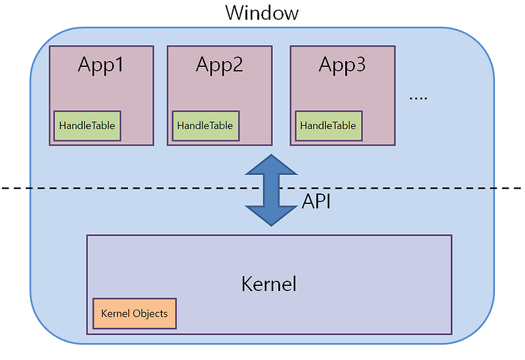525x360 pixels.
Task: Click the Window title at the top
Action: (x=262, y=12)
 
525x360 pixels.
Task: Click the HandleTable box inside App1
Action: (x=87, y=125)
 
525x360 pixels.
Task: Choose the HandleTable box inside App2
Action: (x=205, y=125)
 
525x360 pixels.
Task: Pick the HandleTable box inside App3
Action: (x=328, y=125)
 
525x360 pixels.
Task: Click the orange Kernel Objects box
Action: (x=135, y=313)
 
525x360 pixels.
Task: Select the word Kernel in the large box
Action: (x=269, y=284)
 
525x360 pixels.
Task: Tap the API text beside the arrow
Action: (x=316, y=201)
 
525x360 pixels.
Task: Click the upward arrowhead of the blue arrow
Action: (x=271, y=165)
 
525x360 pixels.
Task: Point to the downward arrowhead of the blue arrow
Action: (x=271, y=215)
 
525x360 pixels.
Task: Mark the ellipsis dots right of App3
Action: (x=418, y=98)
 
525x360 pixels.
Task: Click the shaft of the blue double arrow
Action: (x=271, y=190)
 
